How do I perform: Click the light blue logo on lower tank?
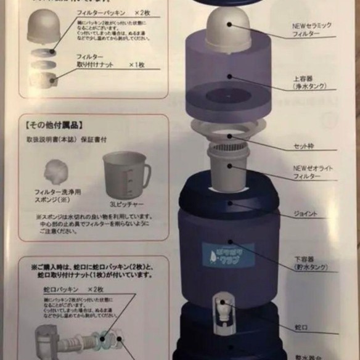coord(228,255)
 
